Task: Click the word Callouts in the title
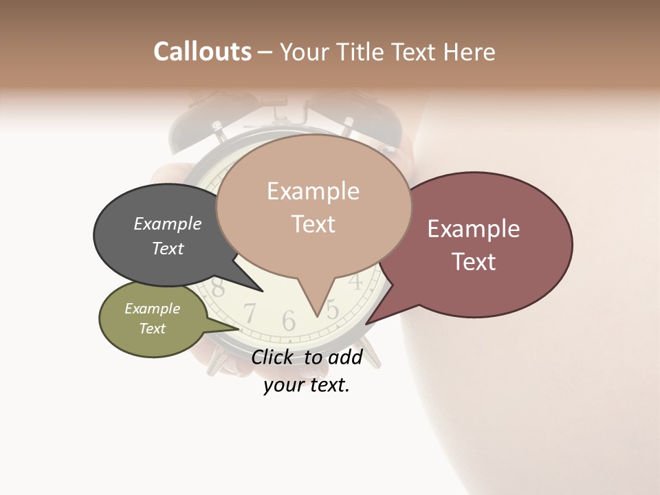click(202, 52)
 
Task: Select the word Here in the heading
click(470, 52)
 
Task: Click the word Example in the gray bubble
click(168, 223)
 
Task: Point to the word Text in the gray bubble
click(168, 248)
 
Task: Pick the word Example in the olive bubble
click(153, 309)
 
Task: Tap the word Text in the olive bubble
click(153, 329)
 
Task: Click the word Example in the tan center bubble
click(313, 191)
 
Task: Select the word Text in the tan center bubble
click(313, 224)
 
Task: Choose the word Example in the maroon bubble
click(474, 229)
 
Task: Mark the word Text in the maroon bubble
click(474, 262)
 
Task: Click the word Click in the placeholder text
click(274, 357)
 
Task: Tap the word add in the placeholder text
click(345, 357)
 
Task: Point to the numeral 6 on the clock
click(289, 320)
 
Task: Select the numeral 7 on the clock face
click(250, 313)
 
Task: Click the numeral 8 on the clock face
click(218, 287)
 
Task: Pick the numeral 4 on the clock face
click(355, 280)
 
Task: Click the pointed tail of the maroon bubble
click(367, 323)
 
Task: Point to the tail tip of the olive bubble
click(239, 329)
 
